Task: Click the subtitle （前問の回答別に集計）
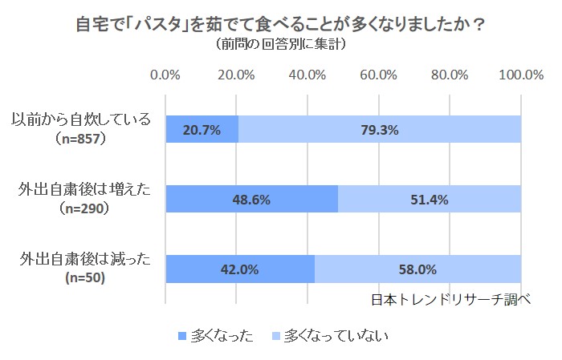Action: [x=281, y=44]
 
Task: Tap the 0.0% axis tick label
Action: [x=165, y=75]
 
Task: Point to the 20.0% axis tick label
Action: [x=236, y=75]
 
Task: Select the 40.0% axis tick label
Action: [x=307, y=75]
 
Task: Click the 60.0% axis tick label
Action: [x=379, y=75]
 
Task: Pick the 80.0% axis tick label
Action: [x=450, y=75]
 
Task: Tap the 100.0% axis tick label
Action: [x=521, y=75]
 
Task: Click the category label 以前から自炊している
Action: [x=82, y=120]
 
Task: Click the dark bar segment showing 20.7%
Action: [x=202, y=129]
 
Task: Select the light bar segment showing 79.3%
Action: [x=380, y=129]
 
